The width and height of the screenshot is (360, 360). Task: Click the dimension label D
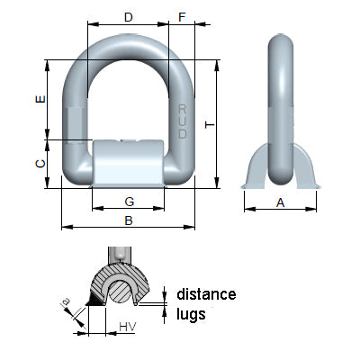[x=128, y=17]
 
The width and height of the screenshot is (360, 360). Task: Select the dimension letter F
[x=183, y=17]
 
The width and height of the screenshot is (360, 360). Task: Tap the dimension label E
[x=37, y=100]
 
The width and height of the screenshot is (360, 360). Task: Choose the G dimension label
[x=129, y=201]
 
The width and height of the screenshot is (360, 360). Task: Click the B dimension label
[x=129, y=219]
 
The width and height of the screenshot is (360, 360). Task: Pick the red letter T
[x=209, y=125]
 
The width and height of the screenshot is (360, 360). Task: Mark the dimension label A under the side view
[x=280, y=203]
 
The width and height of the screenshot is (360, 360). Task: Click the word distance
[x=206, y=294]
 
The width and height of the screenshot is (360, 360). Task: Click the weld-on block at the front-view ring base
[x=129, y=162]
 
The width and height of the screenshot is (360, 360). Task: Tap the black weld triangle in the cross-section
[x=94, y=309]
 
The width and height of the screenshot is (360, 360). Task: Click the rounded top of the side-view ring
[x=281, y=45]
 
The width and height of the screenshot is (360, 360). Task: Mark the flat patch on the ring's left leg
[x=75, y=120]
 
